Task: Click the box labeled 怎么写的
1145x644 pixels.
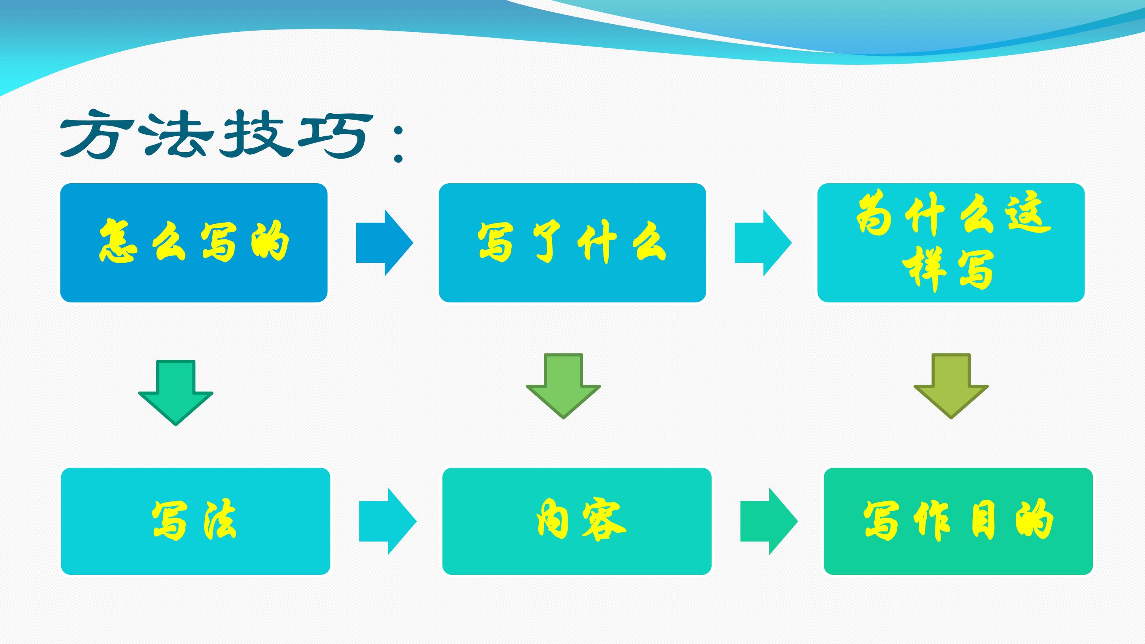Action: coord(194,242)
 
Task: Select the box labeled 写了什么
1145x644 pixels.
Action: coord(572,242)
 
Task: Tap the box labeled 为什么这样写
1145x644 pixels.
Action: coord(951,242)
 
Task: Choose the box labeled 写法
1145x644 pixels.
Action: coord(196,521)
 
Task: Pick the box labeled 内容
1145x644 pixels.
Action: coord(577,521)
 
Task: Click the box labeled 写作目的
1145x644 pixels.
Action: coord(958,521)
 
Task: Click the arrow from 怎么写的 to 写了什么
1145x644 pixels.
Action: coord(384,242)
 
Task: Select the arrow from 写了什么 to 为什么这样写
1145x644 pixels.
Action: coord(763,242)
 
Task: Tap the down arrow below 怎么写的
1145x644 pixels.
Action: coord(176,393)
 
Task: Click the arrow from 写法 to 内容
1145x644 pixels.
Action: coord(388,521)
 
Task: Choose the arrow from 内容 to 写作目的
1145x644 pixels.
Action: coord(769,521)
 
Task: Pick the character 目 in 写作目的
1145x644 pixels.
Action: coord(983,521)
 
